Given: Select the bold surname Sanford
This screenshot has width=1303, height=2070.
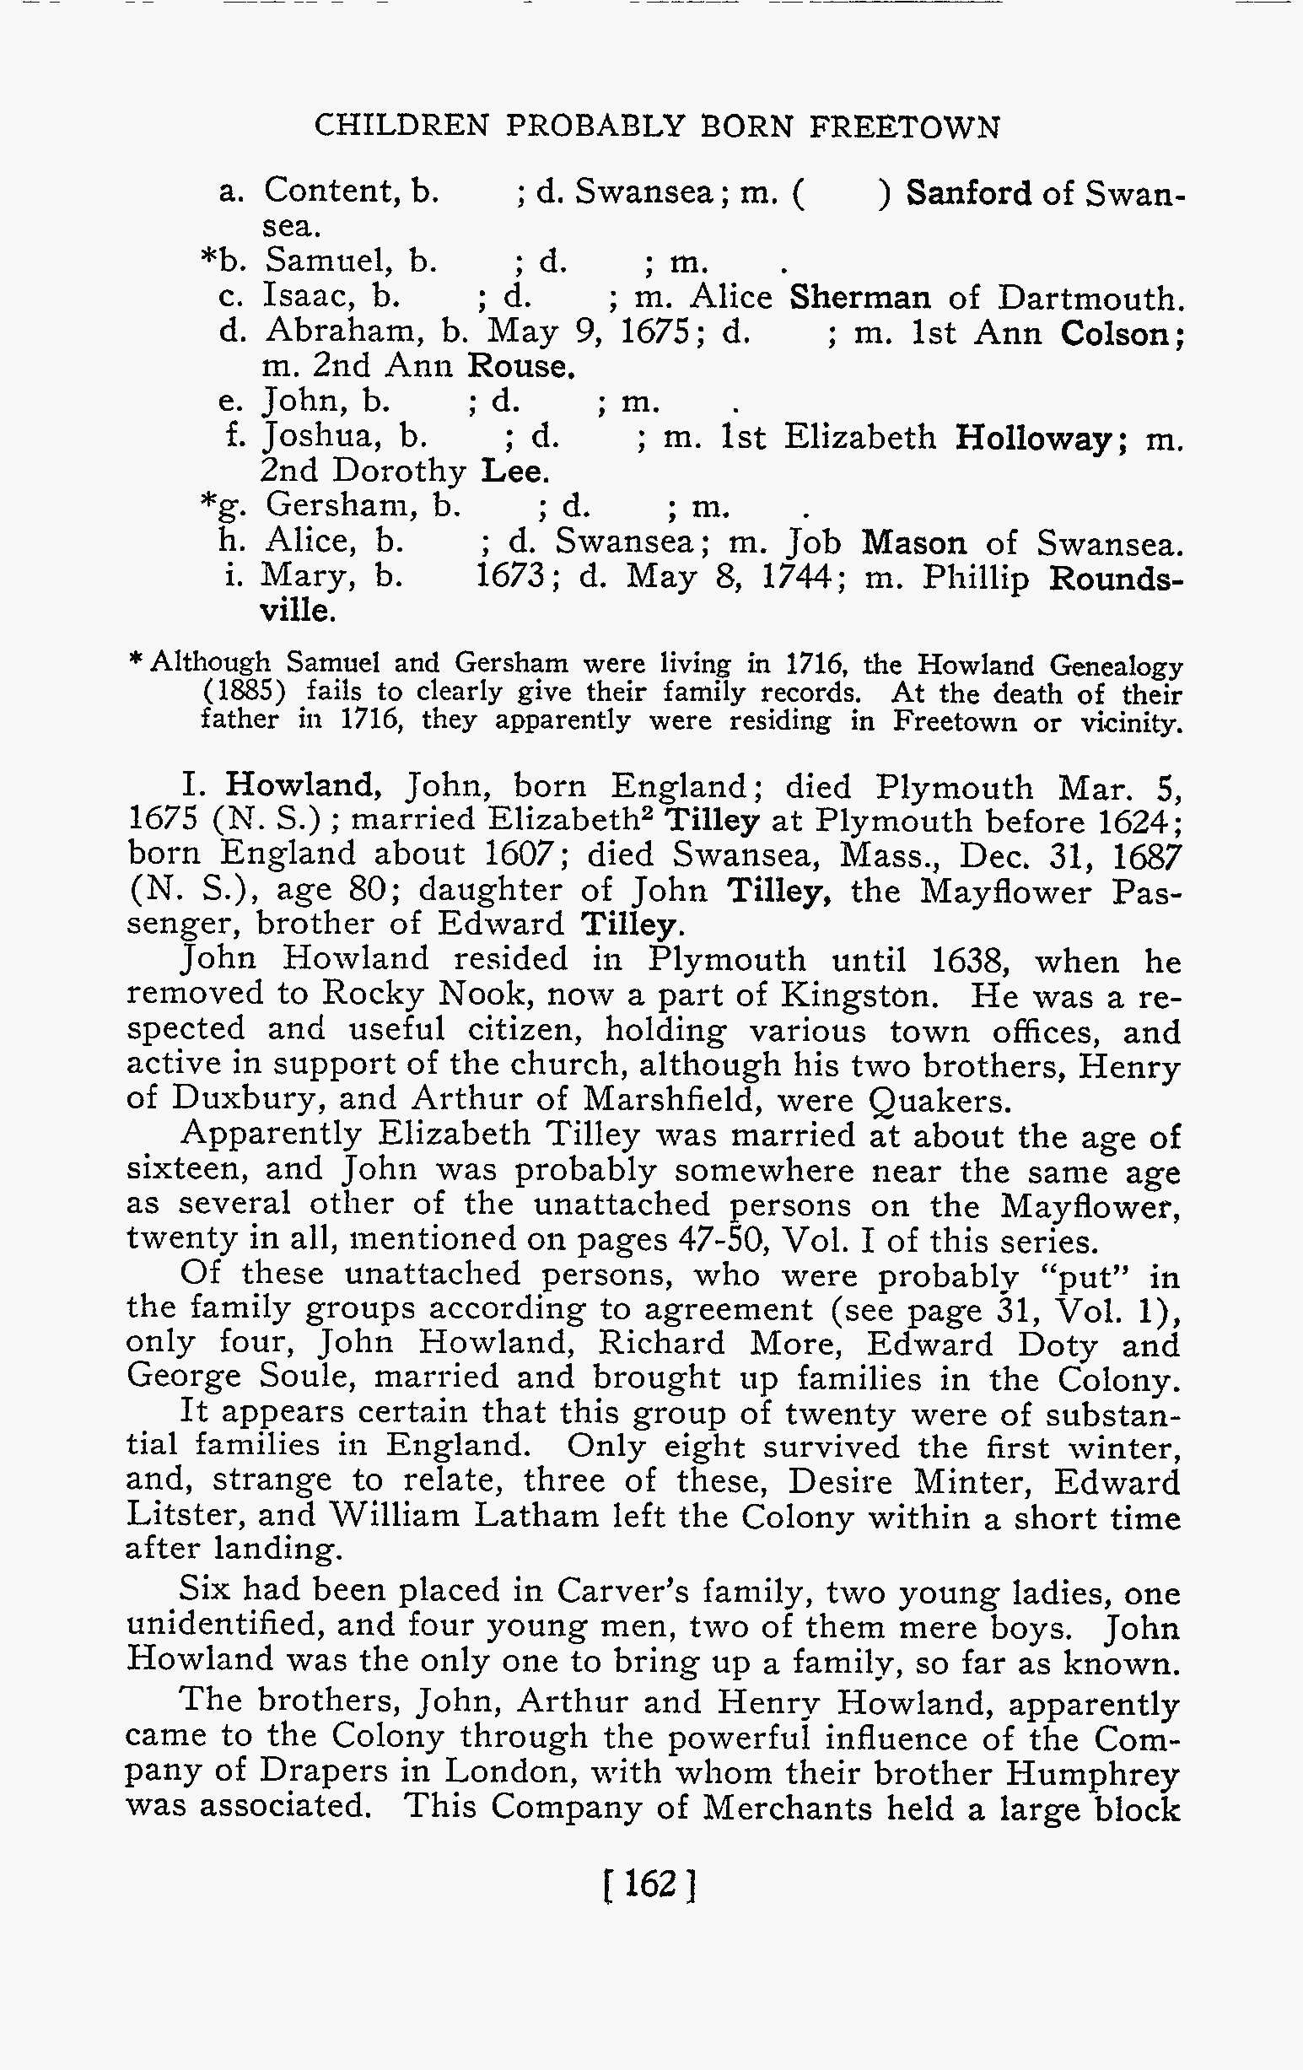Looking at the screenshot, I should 969,192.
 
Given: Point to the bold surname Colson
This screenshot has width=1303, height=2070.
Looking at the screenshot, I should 1117,332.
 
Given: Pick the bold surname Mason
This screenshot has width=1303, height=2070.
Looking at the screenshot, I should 913,543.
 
